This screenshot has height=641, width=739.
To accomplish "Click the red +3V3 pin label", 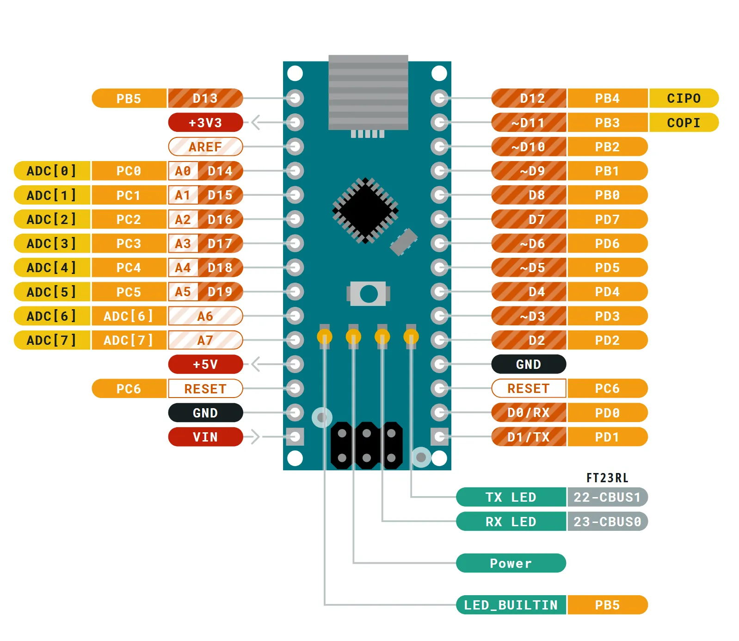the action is (x=205, y=123).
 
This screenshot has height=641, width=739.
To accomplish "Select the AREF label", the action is (x=205, y=147).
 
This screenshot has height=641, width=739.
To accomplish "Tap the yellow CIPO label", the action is (x=684, y=98).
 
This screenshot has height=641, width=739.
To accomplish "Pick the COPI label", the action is (x=684, y=123).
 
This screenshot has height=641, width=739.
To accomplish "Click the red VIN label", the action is (x=205, y=437).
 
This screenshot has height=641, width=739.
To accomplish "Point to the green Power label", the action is (x=511, y=563).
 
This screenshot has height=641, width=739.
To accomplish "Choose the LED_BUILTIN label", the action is (x=511, y=605).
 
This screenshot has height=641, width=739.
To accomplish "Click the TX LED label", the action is (x=511, y=497).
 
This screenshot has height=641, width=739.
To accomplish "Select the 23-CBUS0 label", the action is (x=607, y=522).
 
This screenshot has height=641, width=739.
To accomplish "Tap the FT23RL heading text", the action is (x=607, y=478).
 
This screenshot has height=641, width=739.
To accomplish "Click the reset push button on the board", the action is (x=368, y=293).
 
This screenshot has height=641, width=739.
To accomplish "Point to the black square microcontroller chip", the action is (x=365, y=211).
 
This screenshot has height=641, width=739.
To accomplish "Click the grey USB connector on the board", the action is (x=368, y=93).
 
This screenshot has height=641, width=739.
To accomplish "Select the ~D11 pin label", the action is (x=529, y=123).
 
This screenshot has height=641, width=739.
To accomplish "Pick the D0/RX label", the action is (x=529, y=412).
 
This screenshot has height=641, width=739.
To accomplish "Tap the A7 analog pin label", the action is (x=205, y=340).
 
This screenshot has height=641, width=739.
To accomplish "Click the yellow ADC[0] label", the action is (x=52, y=171).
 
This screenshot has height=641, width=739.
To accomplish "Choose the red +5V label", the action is (x=205, y=364).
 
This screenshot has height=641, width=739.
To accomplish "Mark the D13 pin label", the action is (x=205, y=98).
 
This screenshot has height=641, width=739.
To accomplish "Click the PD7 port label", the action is (x=607, y=219).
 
